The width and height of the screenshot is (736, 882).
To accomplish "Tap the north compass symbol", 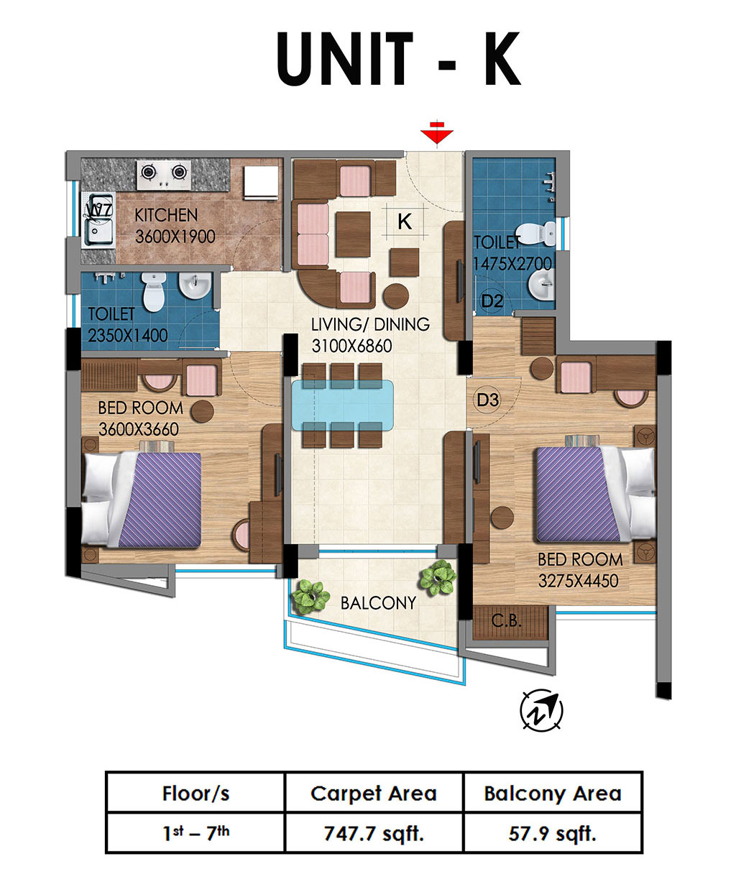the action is point(541,709).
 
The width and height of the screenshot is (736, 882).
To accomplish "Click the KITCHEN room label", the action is point(166,216).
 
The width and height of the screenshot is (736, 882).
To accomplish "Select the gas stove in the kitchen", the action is point(163,175).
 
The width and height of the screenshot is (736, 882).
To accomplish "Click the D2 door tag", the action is point(492,300).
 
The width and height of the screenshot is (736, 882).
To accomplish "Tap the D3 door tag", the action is point(487,400).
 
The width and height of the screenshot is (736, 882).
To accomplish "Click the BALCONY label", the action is point(378,603).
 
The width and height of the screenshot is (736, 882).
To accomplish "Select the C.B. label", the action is point(506,620).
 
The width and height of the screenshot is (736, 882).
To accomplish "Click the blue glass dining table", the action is point(343,405).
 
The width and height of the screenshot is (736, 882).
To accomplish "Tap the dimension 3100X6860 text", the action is point(352,346).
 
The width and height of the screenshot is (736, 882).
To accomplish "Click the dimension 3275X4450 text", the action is point(578,581).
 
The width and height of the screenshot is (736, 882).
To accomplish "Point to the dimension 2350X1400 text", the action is point(128,336).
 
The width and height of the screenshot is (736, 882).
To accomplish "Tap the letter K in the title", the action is point(502,59).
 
